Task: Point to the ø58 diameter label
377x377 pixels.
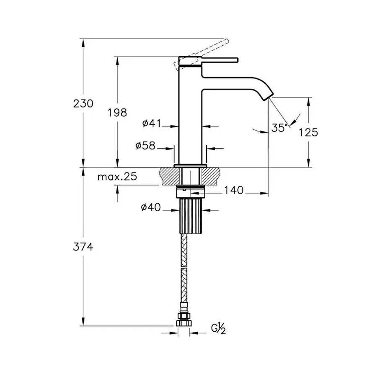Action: point(145,146)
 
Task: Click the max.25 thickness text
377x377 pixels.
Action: point(117,177)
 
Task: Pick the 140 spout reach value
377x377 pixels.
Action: point(234,191)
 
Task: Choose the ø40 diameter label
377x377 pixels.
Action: point(151,207)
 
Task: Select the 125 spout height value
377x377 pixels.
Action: point(309,132)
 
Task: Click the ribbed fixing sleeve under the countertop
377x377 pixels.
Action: point(191,216)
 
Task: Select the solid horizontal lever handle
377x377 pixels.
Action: point(218,59)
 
